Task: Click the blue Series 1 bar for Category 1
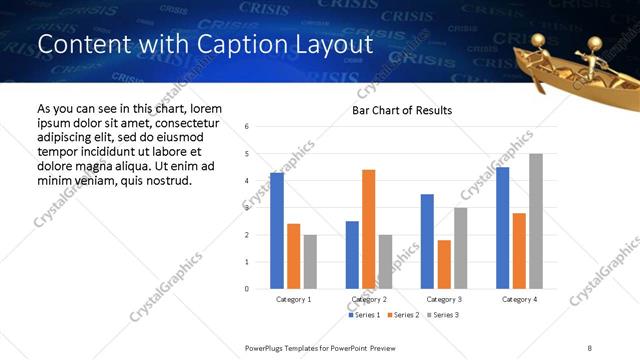point(277,231)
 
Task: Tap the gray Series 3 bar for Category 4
point(536,221)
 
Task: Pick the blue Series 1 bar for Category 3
point(427,241)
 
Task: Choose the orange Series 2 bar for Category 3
point(444,264)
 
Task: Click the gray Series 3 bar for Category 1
point(310,262)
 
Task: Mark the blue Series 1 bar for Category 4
point(502,228)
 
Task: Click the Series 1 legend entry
point(364,315)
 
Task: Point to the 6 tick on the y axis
point(246,127)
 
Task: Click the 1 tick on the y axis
point(246,262)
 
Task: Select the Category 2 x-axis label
point(368,299)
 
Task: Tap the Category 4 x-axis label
point(519,299)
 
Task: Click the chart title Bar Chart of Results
point(402,110)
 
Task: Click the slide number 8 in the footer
point(590,347)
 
